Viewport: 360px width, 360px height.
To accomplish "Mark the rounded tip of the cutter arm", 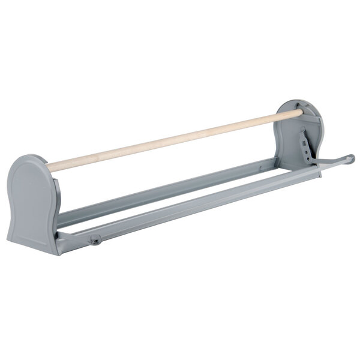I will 351,158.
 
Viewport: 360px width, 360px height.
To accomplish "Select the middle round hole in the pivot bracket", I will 306,152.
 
